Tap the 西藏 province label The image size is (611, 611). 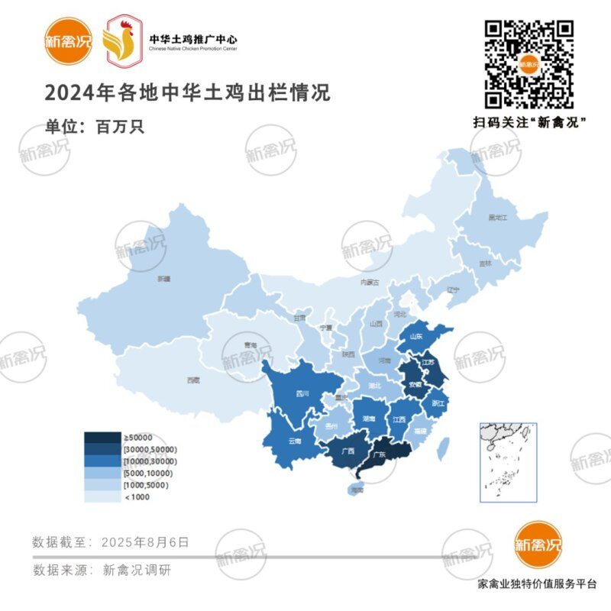(x=192, y=380)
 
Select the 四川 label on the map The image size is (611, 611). (x=302, y=395)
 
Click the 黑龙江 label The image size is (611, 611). (x=498, y=218)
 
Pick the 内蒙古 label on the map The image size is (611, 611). (x=370, y=282)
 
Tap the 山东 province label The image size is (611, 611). (x=416, y=335)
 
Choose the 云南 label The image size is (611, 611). (x=295, y=441)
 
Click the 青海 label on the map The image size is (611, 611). (x=250, y=345)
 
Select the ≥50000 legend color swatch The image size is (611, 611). (x=102, y=438)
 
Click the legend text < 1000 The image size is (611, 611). (x=137, y=497)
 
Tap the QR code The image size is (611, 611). (x=529, y=64)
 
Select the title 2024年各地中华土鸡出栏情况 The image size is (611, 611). (x=187, y=94)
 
